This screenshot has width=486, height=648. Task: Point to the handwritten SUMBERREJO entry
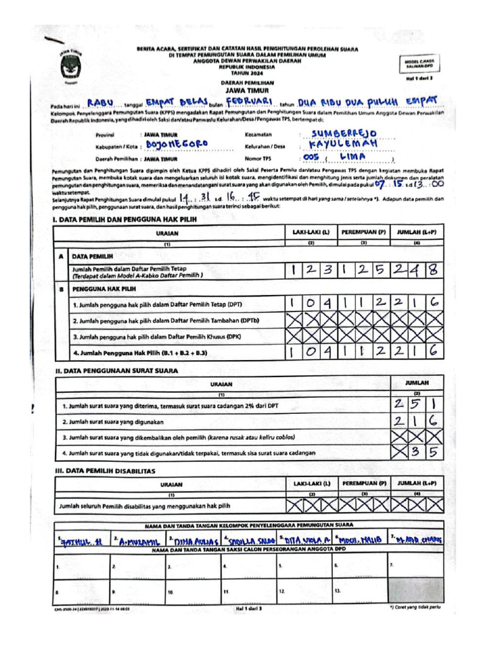pyautogui.click(x=345, y=134)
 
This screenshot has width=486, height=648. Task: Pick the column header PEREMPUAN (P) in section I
pyautogui.click(x=364, y=232)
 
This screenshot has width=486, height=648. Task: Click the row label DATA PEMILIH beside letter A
pyautogui.click(x=92, y=257)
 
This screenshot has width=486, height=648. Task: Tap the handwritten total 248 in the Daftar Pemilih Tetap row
pyautogui.click(x=415, y=271)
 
